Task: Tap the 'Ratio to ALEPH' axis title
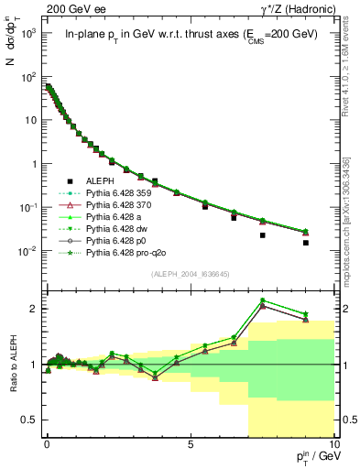click(14, 362)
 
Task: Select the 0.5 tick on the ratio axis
click(30, 420)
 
